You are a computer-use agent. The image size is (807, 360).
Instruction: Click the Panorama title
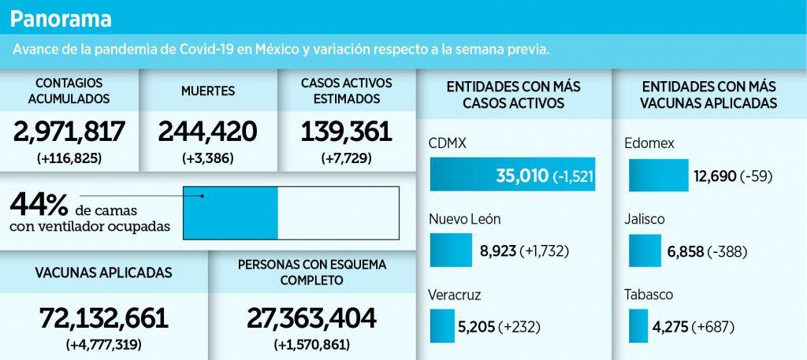point(61,19)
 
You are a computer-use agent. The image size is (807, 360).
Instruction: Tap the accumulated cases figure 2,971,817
point(69,132)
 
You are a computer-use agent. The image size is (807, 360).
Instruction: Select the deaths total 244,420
point(207,132)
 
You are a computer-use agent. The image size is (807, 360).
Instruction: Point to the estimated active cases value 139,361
point(347,132)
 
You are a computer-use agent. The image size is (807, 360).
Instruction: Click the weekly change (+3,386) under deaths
point(207,158)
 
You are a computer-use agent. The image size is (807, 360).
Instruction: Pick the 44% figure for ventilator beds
point(39,205)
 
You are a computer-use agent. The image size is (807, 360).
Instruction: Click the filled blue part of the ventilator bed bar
point(231,213)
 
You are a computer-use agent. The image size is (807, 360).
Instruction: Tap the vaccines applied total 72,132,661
point(104,319)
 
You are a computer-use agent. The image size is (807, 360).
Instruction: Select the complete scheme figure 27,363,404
point(311,319)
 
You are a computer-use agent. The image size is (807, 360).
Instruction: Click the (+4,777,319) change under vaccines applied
point(104,344)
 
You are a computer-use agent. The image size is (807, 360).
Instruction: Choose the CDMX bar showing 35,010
point(512,174)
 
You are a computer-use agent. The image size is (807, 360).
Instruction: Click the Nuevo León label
point(465,219)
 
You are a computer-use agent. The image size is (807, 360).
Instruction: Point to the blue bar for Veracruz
point(443,325)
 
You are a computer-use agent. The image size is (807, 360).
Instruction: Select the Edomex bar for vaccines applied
point(659,175)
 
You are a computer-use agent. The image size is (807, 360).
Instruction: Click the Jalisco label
point(645,219)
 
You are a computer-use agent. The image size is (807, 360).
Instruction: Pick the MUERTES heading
point(208,91)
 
